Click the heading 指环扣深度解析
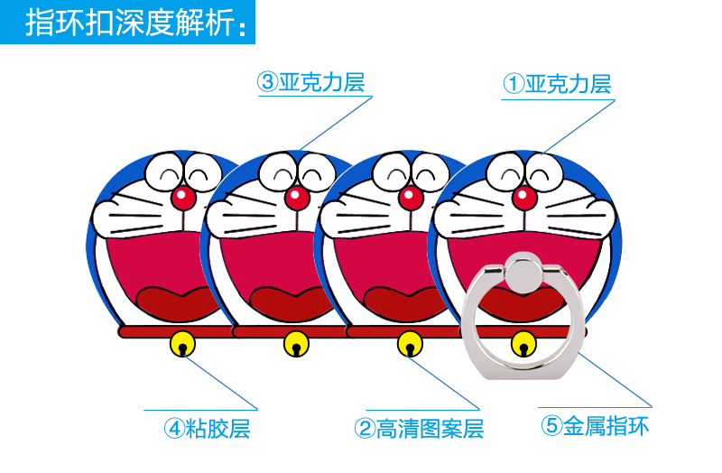(x=135, y=23)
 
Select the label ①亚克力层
(x=557, y=84)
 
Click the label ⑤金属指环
(x=595, y=425)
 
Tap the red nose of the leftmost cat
(x=182, y=196)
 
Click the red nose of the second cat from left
(x=296, y=196)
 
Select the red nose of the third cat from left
(x=410, y=196)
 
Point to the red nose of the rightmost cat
(x=523, y=196)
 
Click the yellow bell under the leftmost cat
(x=182, y=344)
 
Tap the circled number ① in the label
(x=513, y=84)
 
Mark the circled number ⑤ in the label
(x=551, y=425)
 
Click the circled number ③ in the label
(x=266, y=84)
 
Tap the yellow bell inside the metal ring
(x=522, y=344)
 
